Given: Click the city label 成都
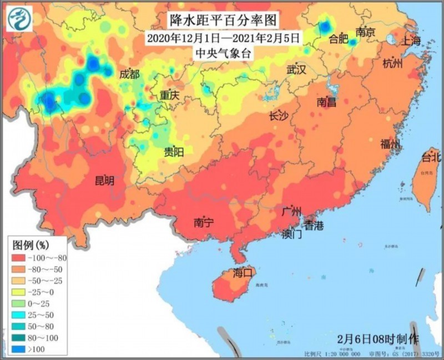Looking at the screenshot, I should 129,74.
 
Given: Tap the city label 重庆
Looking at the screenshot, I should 169,96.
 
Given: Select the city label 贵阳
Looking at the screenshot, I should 174,152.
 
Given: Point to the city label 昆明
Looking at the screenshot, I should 104,180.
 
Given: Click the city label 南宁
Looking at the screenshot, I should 204,223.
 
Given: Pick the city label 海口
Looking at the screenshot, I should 243,273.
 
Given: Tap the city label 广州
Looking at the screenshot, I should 291,212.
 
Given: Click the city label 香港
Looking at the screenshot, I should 312,226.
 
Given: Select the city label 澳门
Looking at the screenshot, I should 291,234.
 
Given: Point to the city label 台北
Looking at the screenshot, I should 431,157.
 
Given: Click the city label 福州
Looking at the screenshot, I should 390,145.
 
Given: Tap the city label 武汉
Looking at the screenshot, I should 296,70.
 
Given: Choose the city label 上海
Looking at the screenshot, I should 411,40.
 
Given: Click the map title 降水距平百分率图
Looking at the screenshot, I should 222,21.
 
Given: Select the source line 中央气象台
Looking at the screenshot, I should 222,53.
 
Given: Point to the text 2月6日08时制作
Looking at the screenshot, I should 378,338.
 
